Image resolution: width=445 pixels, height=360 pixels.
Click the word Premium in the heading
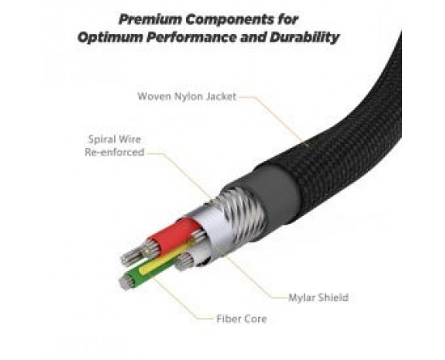(150, 19)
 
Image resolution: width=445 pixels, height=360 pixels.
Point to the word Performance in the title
(192, 37)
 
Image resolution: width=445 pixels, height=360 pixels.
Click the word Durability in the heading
(304, 37)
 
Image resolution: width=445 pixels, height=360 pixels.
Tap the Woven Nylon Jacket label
(187, 96)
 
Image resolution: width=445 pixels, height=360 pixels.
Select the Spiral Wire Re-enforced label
(115, 146)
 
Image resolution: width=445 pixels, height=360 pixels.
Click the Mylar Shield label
(318, 298)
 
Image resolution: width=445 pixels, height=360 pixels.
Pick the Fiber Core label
(242, 319)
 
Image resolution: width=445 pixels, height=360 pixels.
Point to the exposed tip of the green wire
(125, 282)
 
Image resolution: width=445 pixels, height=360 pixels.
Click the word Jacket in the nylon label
(221, 96)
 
